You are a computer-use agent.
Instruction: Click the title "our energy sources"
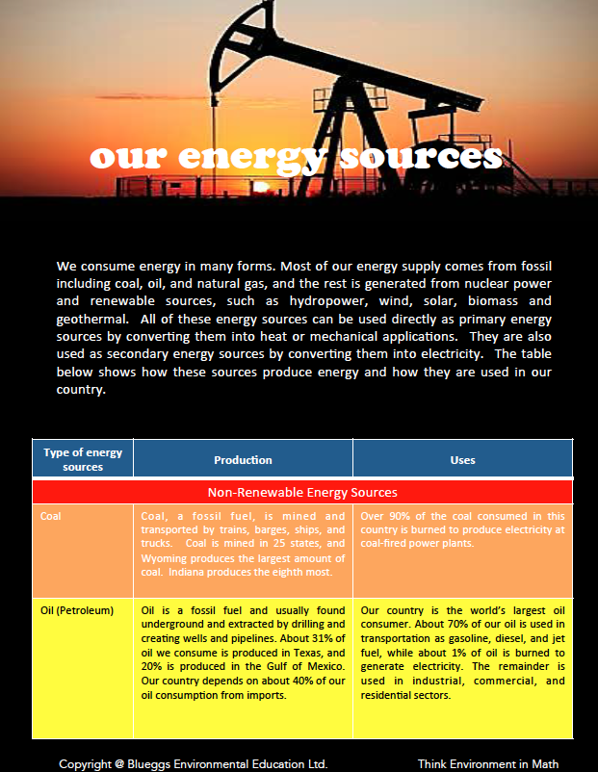pos(297,157)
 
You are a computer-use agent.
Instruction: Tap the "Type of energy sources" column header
pos(83,459)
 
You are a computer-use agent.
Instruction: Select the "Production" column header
pos(243,460)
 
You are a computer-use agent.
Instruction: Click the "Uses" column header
pos(462,460)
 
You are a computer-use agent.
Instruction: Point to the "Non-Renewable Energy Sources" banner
pos(301,493)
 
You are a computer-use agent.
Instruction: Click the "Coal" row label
pos(50,516)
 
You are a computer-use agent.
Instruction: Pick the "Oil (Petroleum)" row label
pos(77,610)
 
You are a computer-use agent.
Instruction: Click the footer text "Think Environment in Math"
pos(487,763)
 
